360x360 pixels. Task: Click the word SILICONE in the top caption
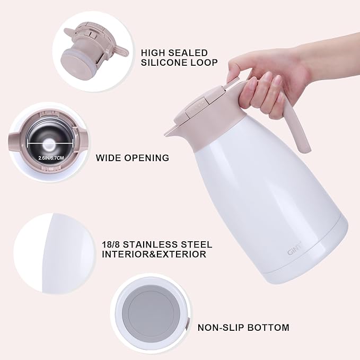coord(163,63)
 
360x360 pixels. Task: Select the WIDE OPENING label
coord(133,157)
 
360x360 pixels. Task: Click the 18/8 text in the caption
coord(113,244)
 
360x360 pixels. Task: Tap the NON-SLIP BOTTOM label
coord(243,328)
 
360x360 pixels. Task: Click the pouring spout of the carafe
coord(171,130)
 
